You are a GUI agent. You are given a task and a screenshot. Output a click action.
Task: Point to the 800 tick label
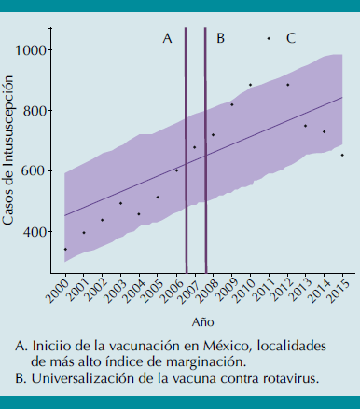click(x=37, y=111)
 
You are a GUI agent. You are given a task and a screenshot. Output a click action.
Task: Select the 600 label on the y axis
click(x=37, y=171)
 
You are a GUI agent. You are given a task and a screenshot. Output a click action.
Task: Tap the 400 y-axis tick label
click(x=37, y=232)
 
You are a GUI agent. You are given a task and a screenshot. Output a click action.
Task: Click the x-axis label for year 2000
click(x=59, y=292)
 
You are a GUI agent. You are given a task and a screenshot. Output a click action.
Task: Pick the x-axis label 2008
click(x=206, y=292)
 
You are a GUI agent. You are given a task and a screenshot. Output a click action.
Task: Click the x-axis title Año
click(x=202, y=321)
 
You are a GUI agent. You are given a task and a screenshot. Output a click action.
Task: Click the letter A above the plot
click(x=167, y=38)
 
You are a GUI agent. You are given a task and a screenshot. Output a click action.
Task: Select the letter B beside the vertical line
click(x=220, y=38)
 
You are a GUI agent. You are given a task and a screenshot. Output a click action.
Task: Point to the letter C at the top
click(x=291, y=38)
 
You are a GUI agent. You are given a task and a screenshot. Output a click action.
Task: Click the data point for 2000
click(x=65, y=249)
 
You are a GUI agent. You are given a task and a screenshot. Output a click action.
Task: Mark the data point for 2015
click(x=342, y=155)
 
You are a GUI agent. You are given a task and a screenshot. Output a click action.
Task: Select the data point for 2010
click(x=250, y=85)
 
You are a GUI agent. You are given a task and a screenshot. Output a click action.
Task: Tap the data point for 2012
click(x=287, y=85)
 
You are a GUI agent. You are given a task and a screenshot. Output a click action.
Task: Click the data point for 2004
click(x=139, y=214)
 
